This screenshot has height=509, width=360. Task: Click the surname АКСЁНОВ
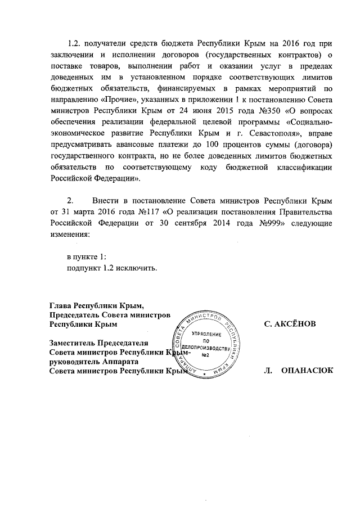point(290,324)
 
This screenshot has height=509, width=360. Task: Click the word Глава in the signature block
point(62,305)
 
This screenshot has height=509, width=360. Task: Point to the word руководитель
point(74,362)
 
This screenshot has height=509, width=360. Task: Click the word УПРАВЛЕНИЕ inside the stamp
point(206,335)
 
